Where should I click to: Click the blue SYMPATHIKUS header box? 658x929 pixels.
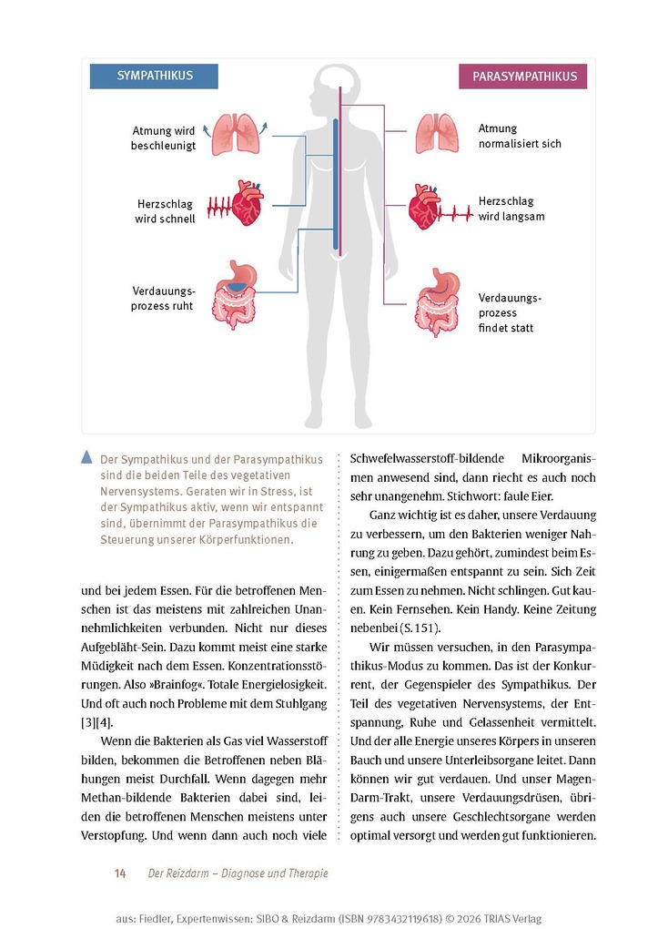pyautogui.click(x=154, y=76)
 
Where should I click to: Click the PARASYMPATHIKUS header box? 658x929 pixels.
pyautogui.click(x=523, y=77)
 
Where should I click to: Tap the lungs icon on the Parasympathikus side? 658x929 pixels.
pyautogui.click(x=437, y=134)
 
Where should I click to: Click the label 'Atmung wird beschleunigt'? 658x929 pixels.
pyautogui.click(x=164, y=138)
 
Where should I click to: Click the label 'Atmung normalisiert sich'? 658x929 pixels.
pyautogui.click(x=520, y=137)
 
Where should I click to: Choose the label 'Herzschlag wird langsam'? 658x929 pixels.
pyautogui.click(x=511, y=209)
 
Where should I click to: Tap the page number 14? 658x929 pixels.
pyautogui.click(x=119, y=873)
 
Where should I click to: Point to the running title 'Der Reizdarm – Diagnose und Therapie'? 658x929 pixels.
pyautogui.click(x=238, y=873)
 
